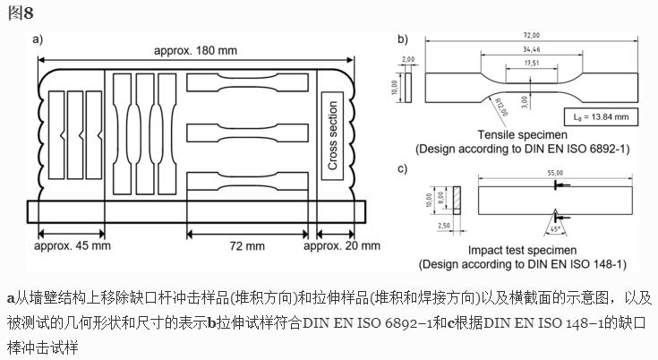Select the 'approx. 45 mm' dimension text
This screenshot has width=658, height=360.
coord(73,245)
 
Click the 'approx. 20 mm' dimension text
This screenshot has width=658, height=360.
coord(342,245)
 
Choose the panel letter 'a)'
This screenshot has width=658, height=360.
coord(38,39)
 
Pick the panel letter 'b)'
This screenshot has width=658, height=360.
coord(403,39)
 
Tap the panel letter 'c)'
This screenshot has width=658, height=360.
coord(403,167)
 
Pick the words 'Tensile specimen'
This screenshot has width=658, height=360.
coord(520,135)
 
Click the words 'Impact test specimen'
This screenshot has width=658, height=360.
coord(521,251)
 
